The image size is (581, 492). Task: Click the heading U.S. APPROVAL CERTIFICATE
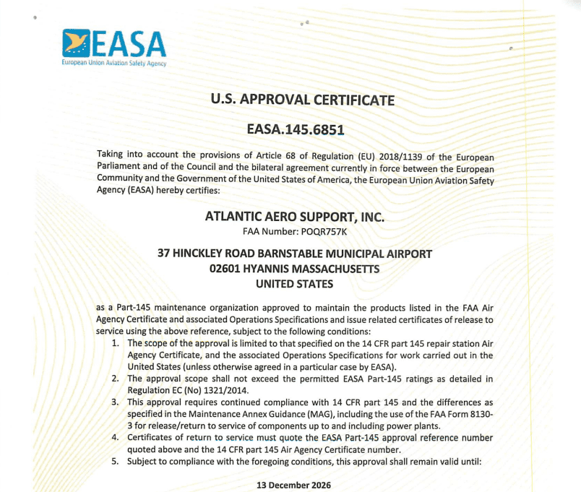point(302,100)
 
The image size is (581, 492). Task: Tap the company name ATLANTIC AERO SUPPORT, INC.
point(295,217)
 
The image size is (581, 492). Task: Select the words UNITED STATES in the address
point(295,284)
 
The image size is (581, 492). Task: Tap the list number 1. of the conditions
point(116,343)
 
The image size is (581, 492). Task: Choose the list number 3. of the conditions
point(116,402)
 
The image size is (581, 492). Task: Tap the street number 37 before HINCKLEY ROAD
point(165,254)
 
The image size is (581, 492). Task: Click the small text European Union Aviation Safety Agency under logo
point(114,64)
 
